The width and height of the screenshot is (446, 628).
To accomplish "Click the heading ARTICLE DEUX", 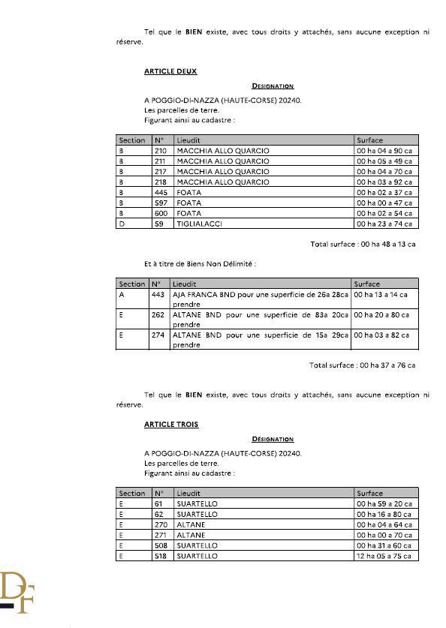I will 170,71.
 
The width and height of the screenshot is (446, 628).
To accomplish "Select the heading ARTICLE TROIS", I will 171,425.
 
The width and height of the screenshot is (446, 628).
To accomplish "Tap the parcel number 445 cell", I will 159,192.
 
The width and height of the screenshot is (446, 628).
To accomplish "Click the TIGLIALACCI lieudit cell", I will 199,224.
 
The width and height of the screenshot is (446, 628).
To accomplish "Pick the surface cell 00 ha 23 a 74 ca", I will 384,224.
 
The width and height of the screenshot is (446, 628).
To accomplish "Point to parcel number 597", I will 159,203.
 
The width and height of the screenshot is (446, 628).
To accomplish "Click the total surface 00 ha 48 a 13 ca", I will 363,245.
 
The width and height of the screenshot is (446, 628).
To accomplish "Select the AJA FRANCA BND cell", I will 260,299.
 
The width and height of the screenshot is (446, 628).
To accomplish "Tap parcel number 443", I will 158,295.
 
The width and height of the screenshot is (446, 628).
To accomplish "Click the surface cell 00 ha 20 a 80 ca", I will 382,316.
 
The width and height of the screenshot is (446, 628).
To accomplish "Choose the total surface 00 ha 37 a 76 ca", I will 362,365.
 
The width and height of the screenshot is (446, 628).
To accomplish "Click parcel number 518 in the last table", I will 158,556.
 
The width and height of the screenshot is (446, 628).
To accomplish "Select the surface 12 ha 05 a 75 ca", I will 384,556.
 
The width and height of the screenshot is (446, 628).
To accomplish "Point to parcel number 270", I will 158,524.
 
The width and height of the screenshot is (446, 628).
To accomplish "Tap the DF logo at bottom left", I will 17,593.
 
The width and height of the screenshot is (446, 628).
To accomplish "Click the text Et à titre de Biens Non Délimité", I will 200,264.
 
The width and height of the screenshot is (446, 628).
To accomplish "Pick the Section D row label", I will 122,224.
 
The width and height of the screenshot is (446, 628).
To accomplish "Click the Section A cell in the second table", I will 122,295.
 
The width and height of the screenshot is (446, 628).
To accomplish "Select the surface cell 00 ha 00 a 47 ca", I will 384,203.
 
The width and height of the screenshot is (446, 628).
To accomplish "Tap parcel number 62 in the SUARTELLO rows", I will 158,514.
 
